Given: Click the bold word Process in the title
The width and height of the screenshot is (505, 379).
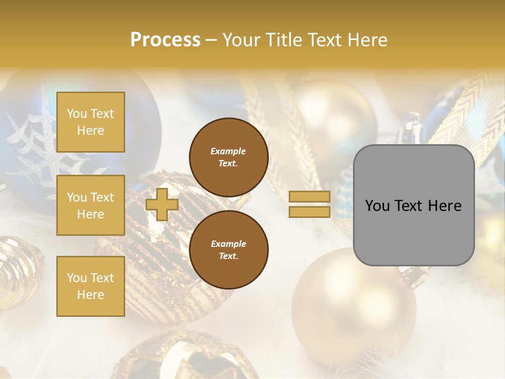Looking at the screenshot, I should pos(165,40).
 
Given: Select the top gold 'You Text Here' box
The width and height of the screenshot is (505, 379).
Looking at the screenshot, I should pos(90,122).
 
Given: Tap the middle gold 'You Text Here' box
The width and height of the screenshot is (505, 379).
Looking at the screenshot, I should pos(90,205).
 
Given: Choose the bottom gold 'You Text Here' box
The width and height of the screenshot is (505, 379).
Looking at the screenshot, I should pos(90,286).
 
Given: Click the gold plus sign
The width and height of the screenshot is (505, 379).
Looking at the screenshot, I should pos(161,204).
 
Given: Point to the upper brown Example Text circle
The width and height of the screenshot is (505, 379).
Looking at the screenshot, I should pos(228,157).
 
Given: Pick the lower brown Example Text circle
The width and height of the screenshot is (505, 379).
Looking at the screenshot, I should pos(228,250).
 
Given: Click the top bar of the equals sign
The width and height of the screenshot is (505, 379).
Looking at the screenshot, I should pos(310,197).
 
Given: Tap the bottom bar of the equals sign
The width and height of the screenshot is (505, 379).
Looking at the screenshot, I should pos(310,212).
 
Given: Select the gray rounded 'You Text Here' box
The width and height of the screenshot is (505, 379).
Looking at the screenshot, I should pos(413,205).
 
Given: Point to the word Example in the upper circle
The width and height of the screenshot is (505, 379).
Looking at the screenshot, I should pos(228,151).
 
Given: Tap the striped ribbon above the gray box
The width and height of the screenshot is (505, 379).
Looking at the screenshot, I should pos(463,105).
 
